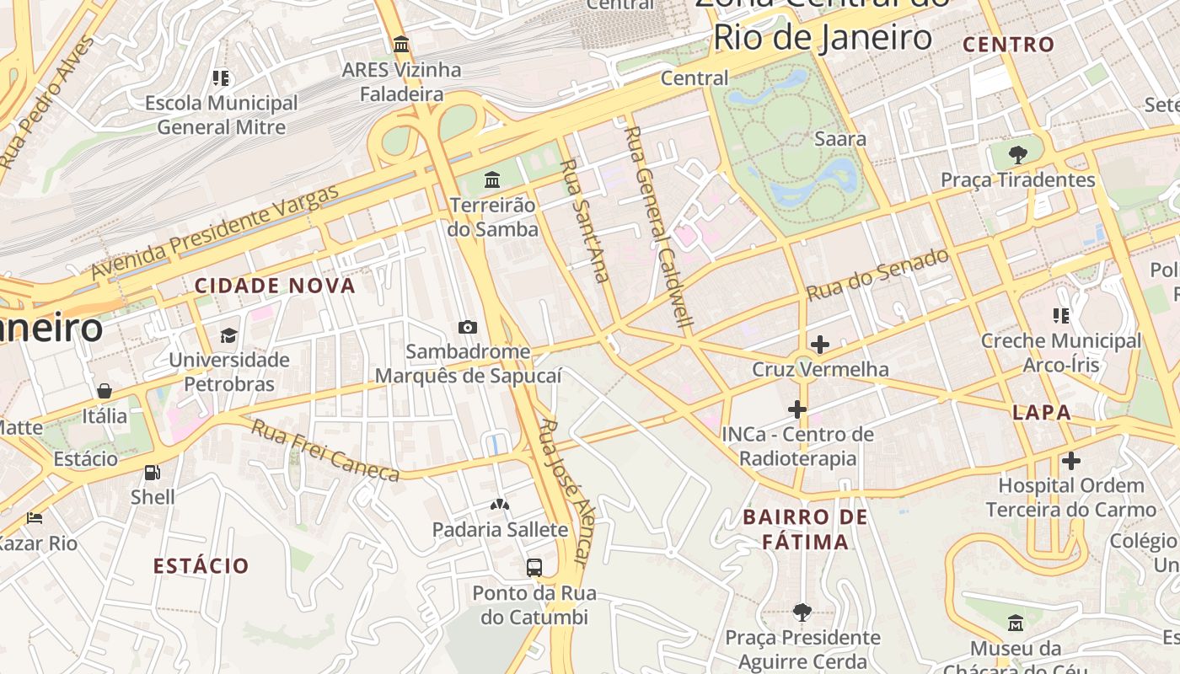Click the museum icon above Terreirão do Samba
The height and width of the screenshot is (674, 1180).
pyautogui.click(x=492, y=179)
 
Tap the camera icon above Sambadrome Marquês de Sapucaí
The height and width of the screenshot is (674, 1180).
pyautogui.click(x=468, y=327)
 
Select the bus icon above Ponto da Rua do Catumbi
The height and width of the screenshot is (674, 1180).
pyautogui.click(x=534, y=567)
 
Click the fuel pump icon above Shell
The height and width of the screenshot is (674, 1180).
pyautogui.click(x=153, y=473)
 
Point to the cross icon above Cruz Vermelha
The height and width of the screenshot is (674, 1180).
pyautogui.click(x=819, y=344)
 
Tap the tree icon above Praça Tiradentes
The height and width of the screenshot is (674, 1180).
pyautogui.click(x=1017, y=154)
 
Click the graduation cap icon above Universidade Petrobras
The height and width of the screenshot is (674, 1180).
pyautogui.click(x=229, y=335)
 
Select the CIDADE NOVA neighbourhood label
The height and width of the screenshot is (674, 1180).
pyautogui.click(x=275, y=286)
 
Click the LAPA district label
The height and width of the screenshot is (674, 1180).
pyautogui.click(x=1042, y=413)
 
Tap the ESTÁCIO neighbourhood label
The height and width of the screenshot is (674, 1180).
pyautogui.click(x=201, y=565)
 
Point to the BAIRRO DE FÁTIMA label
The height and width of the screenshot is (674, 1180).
pyautogui.click(x=806, y=529)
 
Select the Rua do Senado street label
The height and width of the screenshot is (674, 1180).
pyautogui.click(x=878, y=275)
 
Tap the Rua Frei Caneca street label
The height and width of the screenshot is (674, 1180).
pyautogui.click(x=324, y=452)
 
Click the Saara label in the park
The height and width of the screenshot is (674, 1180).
pyautogui.click(x=840, y=138)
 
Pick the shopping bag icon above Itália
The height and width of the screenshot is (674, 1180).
pyautogui.click(x=105, y=391)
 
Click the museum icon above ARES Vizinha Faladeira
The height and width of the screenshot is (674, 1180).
pyautogui.click(x=401, y=44)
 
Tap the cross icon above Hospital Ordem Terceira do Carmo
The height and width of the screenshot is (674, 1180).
pyautogui.click(x=1070, y=461)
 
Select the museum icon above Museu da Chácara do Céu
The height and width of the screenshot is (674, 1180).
pyautogui.click(x=1016, y=623)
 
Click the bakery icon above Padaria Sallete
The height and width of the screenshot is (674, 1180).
pyautogui.click(x=500, y=505)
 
